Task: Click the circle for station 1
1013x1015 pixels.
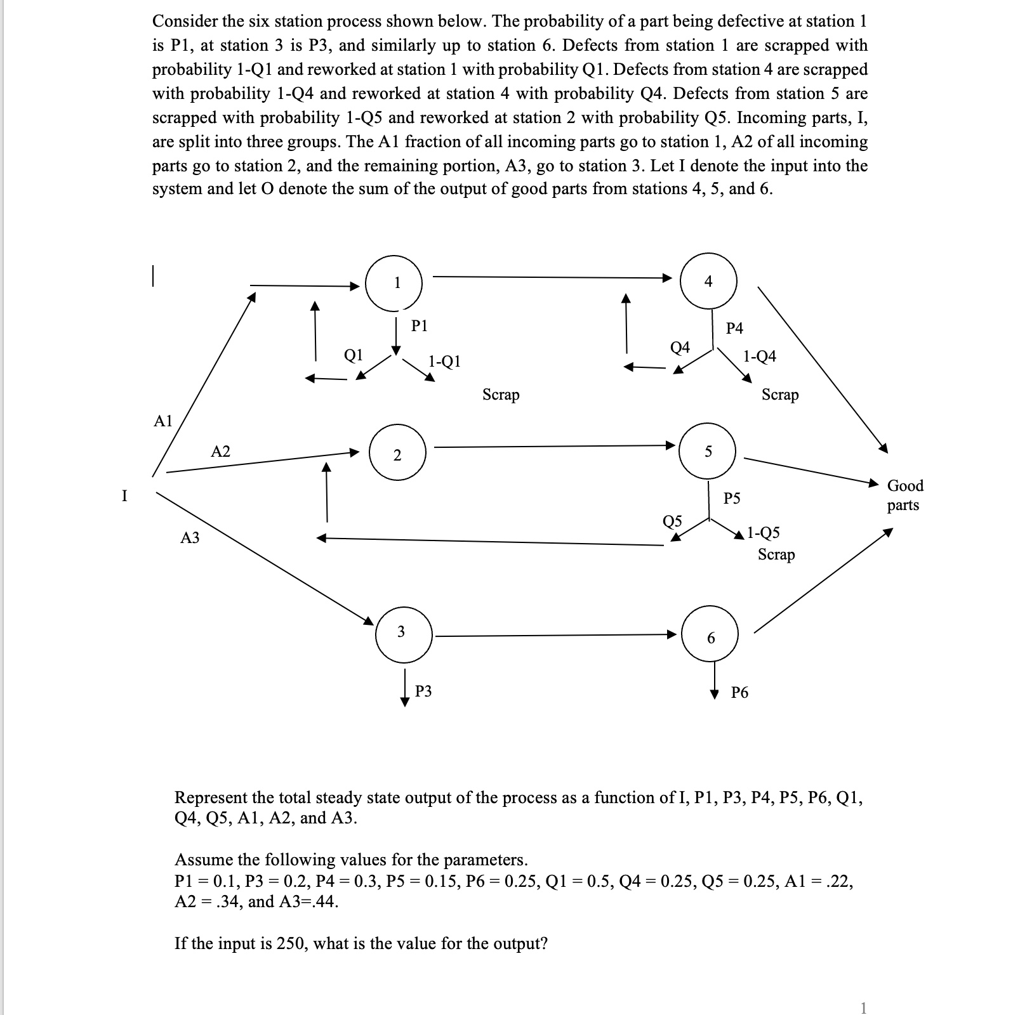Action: pyautogui.click(x=394, y=283)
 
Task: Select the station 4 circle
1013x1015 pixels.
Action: pyautogui.click(x=708, y=282)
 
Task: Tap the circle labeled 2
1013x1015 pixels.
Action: pyautogui.click(x=397, y=454)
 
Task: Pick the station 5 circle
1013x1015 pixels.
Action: pyautogui.click(x=708, y=452)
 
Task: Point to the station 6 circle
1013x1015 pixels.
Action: pyautogui.click(x=710, y=637)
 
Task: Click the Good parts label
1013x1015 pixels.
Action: pyautogui.click(x=904, y=495)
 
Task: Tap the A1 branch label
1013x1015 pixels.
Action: pyautogui.click(x=164, y=421)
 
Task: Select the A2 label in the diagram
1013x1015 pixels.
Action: pyautogui.click(x=220, y=452)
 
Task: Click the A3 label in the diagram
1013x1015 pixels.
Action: pyautogui.click(x=190, y=538)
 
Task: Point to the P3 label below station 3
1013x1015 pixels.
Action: pyautogui.click(x=423, y=691)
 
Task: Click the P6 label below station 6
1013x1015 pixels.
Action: pyautogui.click(x=739, y=693)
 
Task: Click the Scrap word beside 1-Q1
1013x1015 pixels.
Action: pyautogui.click(x=501, y=395)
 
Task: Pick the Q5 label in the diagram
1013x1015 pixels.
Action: pyautogui.click(x=672, y=521)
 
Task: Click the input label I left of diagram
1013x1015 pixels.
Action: pyautogui.click(x=124, y=495)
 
